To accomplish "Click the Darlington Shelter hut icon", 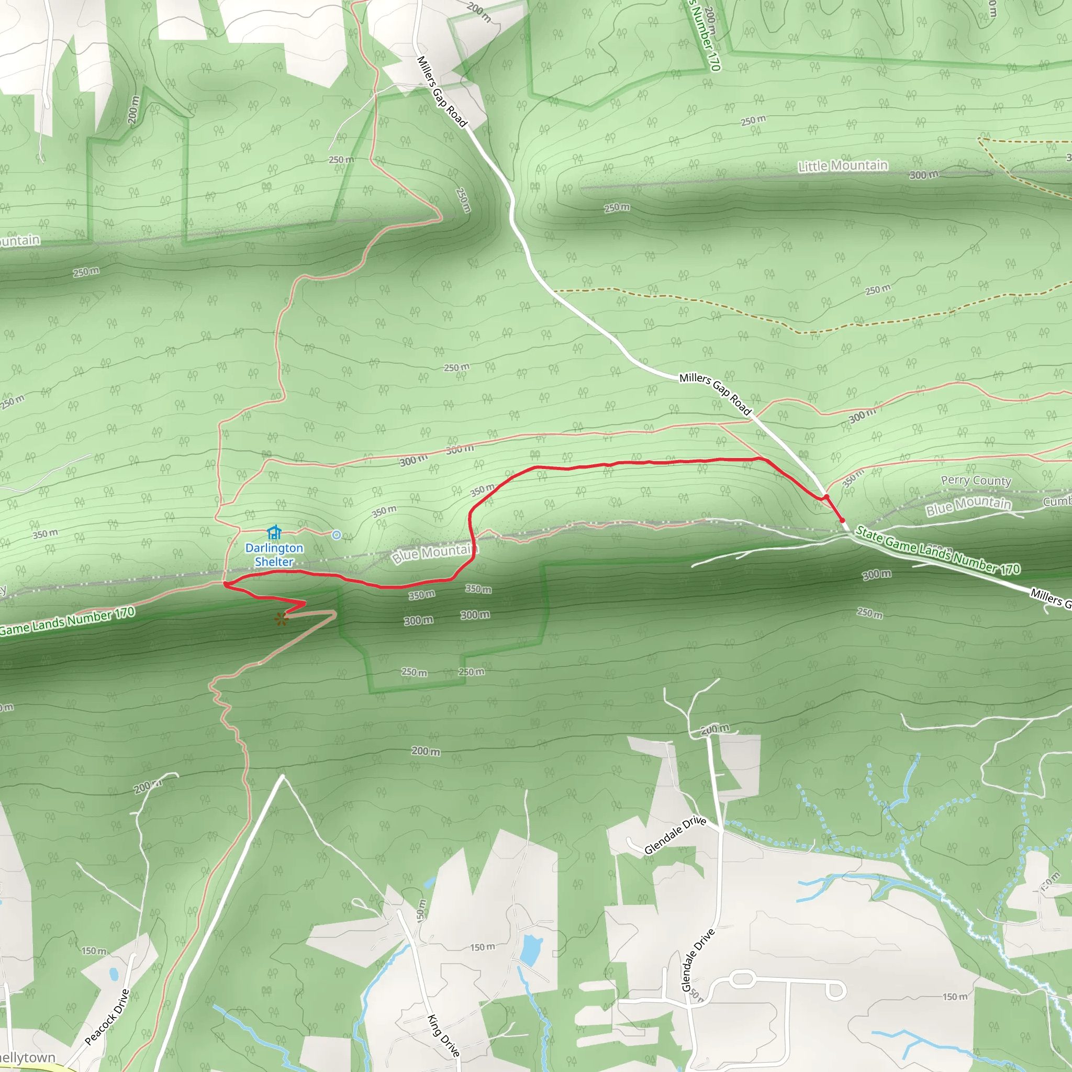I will coord(274,533).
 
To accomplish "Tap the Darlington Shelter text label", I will coord(274,555).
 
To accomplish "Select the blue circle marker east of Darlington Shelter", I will coord(336,535).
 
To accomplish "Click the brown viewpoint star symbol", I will coord(281,619).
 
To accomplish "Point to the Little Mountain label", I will coord(842,166).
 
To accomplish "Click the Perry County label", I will coord(976,481).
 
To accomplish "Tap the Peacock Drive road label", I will coord(107,1017).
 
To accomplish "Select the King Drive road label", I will coord(443,1035).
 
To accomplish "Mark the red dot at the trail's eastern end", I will coord(842,520).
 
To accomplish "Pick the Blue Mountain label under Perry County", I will coord(968,505).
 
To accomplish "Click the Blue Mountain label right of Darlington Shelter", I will coord(434,553).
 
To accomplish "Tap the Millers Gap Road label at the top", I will coord(442,92).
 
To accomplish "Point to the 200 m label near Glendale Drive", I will coord(714,729).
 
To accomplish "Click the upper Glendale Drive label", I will coord(675,835).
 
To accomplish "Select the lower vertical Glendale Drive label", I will coord(698,960).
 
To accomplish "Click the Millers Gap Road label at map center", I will coord(715,394).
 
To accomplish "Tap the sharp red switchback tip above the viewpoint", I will coord(305,603).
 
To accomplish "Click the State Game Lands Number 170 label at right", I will coord(937,550).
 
